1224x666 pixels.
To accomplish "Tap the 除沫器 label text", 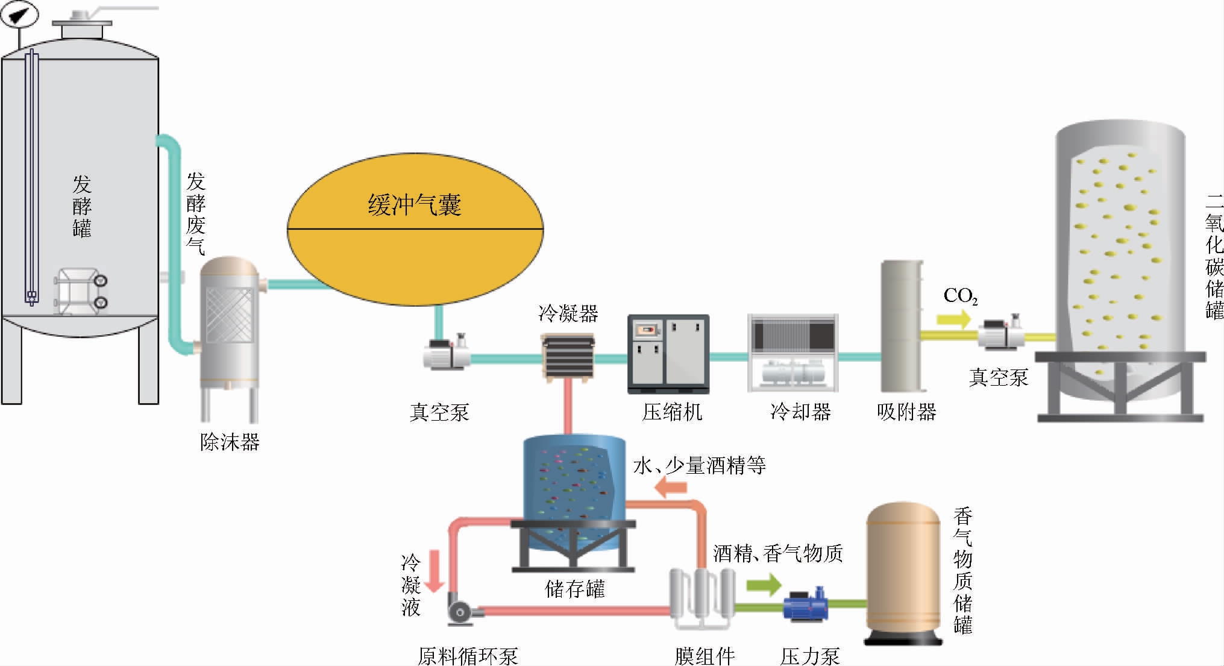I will (x=230, y=442).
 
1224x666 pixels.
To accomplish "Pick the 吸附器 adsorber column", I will (x=902, y=326).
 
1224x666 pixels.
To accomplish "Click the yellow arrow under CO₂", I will (x=953, y=319).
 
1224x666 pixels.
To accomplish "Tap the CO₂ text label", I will (x=960, y=296).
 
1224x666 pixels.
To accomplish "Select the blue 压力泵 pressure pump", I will (x=805, y=605).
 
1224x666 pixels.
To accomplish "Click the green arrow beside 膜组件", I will (x=763, y=584).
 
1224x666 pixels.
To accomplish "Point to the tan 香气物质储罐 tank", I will (x=903, y=573).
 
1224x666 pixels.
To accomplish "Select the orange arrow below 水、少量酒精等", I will (x=671, y=488).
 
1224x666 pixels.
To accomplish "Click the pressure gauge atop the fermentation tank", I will (x=19, y=14).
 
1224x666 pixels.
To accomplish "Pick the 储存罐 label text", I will (x=574, y=589).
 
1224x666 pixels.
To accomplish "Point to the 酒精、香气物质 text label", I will (x=777, y=553).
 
